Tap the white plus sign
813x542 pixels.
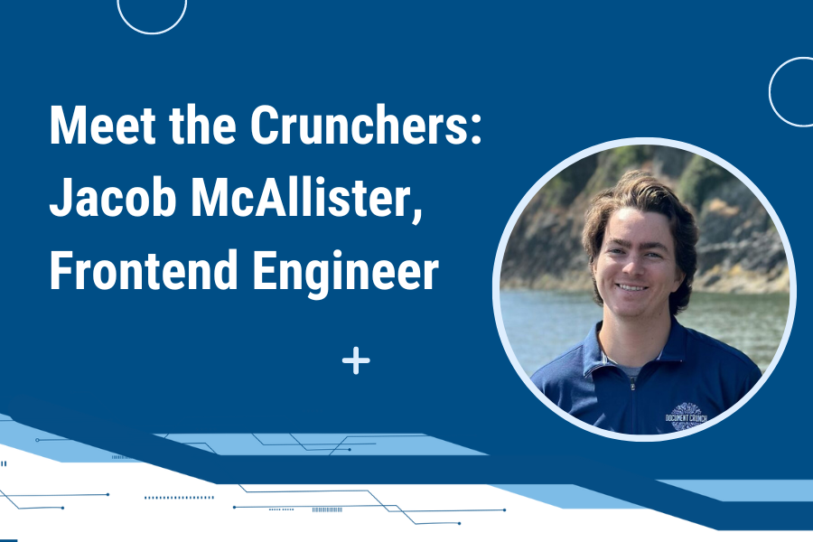(357, 362)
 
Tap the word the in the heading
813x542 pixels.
(201, 126)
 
